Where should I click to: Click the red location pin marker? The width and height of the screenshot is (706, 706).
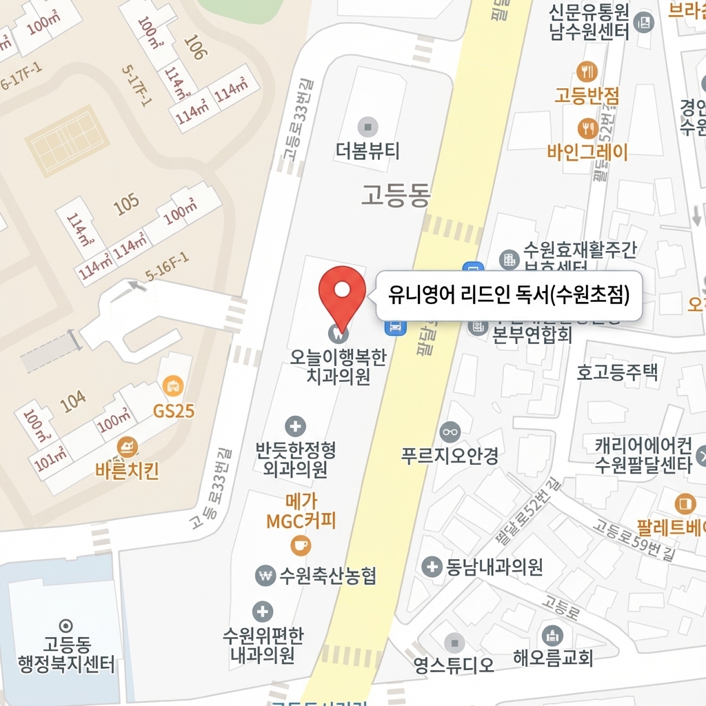click(342, 294)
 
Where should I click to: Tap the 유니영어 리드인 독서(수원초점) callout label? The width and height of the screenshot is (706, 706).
click(509, 296)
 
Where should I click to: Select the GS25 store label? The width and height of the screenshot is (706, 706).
click(174, 412)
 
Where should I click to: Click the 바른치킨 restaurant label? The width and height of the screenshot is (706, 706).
click(128, 472)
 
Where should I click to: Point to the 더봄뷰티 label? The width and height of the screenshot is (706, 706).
click(367, 150)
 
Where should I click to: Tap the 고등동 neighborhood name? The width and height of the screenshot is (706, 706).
click(396, 196)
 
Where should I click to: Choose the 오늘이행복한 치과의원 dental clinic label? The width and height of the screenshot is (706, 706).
click(339, 367)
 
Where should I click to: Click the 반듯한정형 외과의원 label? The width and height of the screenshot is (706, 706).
click(295, 460)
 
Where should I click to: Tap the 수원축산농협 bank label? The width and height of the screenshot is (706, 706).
click(327, 576)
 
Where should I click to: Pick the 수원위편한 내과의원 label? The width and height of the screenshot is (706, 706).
click(263, 645)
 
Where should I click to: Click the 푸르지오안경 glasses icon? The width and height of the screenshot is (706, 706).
click(450, 432)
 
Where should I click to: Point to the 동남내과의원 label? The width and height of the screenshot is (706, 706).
click(494, 567)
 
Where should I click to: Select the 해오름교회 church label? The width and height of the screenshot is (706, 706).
click(553, 658)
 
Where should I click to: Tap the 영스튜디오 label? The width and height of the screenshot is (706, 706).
click(454, 665)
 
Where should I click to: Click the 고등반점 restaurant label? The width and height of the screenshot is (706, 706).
click(587, 95)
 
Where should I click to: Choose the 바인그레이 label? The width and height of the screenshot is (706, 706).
click(587, 152)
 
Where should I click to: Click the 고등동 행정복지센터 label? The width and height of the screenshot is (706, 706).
click(67, 655)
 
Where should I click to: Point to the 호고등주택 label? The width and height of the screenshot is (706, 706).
click(617, 372)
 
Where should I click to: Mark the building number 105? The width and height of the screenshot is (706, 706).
click(126, 203)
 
